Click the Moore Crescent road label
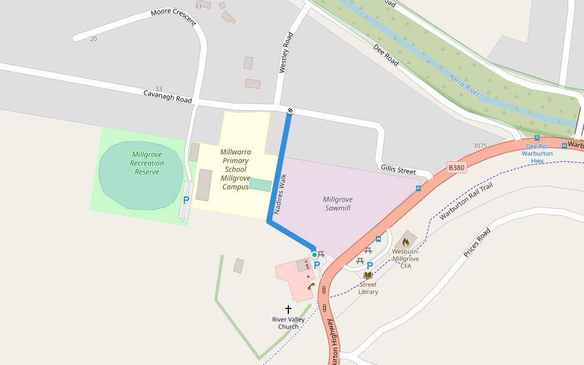tap(173, 16)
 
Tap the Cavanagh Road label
tap(167, 97)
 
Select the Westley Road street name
tap(285, 53)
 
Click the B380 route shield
tap(456, 167)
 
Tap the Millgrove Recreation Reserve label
tap(147, 163)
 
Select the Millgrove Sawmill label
tap(338, 204)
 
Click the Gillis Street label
tap(398, 170)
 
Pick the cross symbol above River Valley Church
tap(288, 310)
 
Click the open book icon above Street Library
tap(367, 275)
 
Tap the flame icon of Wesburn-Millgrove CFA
tap(406, 242)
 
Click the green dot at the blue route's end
tap(315, 255)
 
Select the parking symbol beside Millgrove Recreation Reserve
tap(186, 200)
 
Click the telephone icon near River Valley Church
tap(311, 286)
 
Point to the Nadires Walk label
tap(280, 194)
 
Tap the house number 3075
tap(480, 145)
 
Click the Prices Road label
tap(477, 243)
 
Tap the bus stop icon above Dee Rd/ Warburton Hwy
tap(537, 138)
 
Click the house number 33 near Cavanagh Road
tap(159, 88)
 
